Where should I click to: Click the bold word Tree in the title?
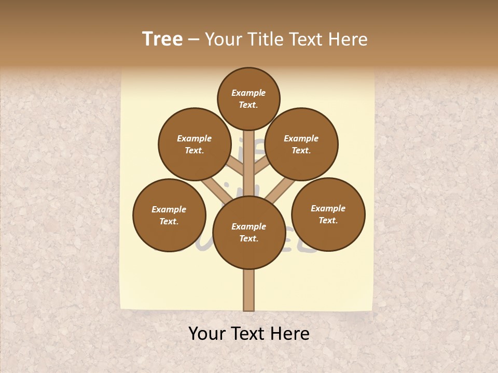(x=162, y=39)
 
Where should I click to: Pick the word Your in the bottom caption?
(x=206, y=334)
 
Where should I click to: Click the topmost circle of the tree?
(x=248, y=98)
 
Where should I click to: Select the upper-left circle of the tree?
(x=195, y=145)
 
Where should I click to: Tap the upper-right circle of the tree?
(x=301, y=145)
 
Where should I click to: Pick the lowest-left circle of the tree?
(x=169, y=216)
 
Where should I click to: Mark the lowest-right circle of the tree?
(x=328, y=214)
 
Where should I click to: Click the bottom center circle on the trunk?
(x=249, y=233)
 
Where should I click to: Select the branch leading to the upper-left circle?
(x=237, y=166)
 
